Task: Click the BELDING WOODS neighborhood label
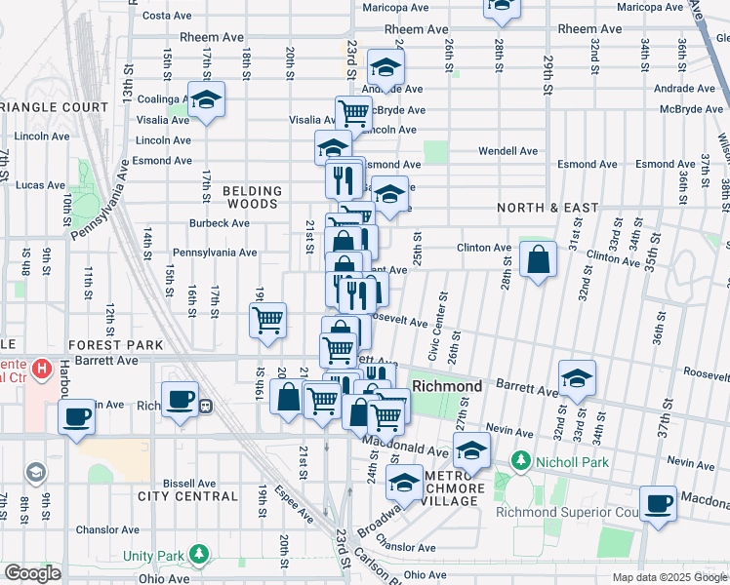pyautogui.click(x=252, y=198)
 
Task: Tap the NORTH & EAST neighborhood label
pyautogui.click(x=547, y=208)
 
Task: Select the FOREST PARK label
pyautogui.click(x=115, y=345)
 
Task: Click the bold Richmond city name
pyautogui.click(x=447, y=386)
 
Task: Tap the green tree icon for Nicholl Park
pyautogui.click(x=522, y=460)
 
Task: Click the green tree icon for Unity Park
pyautogui.click(x=199, y=555)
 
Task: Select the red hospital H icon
pyautogui.click(x=41, y=370)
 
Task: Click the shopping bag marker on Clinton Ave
pyautogui.click(x=538, y=259)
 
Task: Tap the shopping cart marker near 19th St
pyautogui.click(x=267, y=319)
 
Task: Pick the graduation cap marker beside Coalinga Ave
pyautogui.click(x=206, y=99)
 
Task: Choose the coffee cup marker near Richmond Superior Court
pyautogui.click(x=659, y=503)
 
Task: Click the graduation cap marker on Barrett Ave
pyautogui.click(x=577, y=378)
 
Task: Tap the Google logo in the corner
pyautogui.click(x=33, y=573)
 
